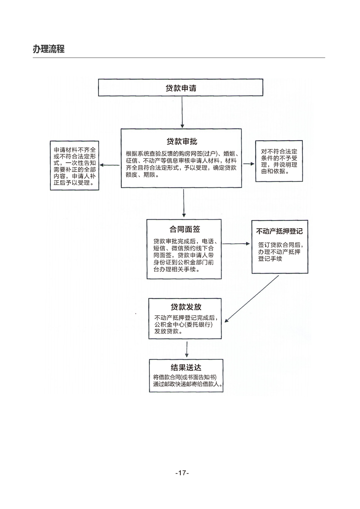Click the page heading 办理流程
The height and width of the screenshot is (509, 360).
point(49,49)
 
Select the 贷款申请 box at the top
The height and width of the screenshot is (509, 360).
point(181,88)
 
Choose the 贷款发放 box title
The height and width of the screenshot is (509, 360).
point(186,307)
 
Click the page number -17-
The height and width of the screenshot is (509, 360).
point(182,473)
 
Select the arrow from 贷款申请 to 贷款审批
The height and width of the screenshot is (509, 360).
point(182,112)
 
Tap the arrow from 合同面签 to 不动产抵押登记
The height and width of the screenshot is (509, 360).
point(236,244)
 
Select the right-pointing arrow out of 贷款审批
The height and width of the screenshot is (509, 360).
point(248,163)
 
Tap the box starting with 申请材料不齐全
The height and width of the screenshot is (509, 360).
point(74,166)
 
